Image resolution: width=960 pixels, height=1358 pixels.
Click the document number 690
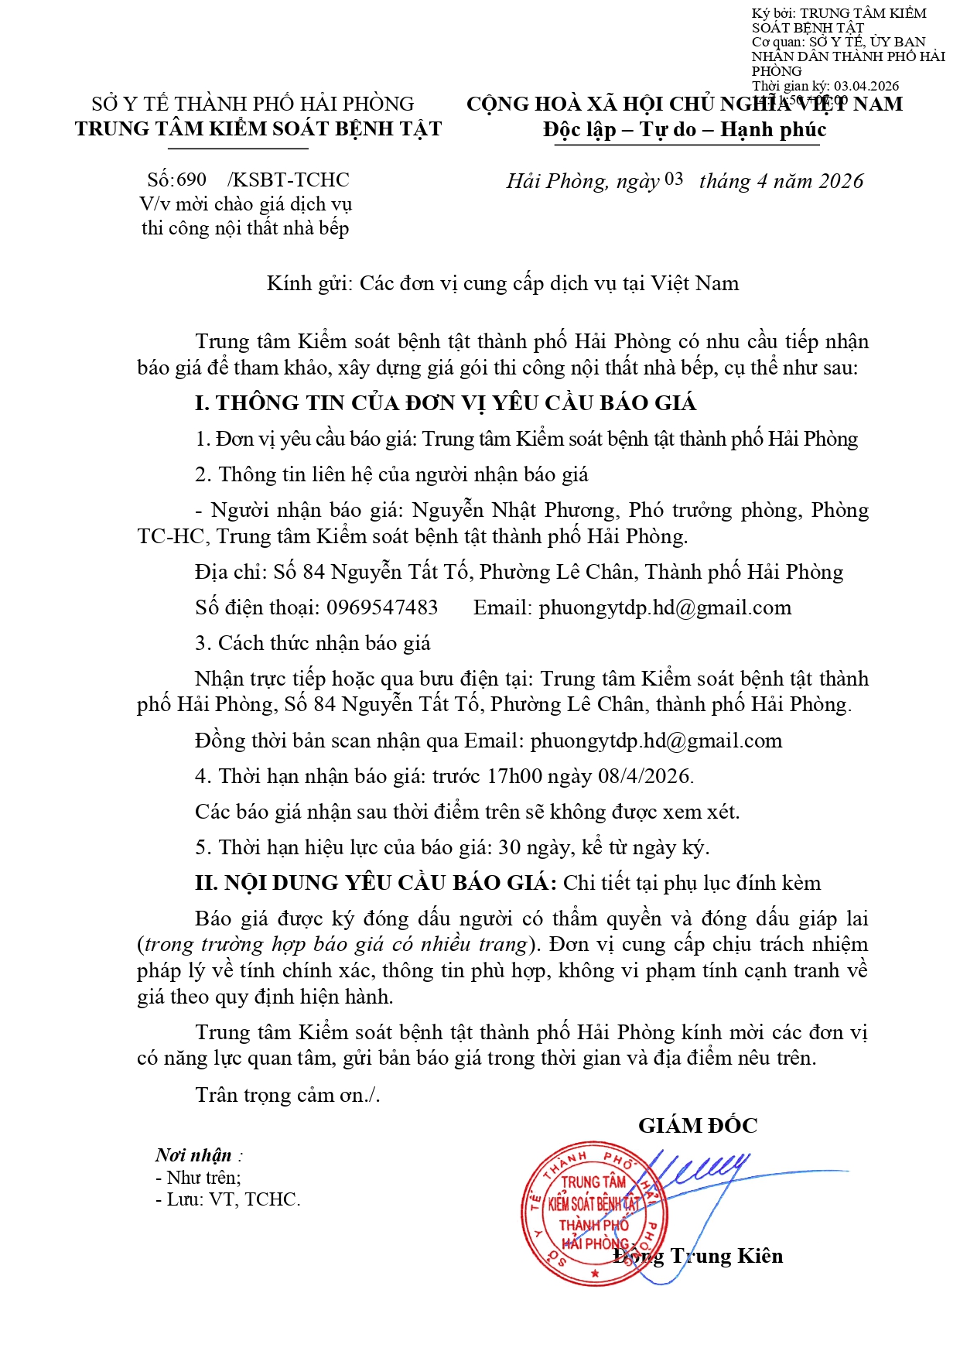coord(192,180)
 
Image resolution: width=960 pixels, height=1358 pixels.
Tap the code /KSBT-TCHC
coord(289,180)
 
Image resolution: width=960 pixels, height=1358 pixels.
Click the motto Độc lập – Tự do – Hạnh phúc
coord(684,129)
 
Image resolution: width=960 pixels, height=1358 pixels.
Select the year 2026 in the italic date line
coord(840,181)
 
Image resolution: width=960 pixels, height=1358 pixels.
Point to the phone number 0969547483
coord(382,607)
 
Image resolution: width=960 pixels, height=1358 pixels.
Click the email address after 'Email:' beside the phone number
coord(665,607)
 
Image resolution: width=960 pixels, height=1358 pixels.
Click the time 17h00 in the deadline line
coord(514,776)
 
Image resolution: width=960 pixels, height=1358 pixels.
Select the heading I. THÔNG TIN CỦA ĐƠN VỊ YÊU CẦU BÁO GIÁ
coord(446,403)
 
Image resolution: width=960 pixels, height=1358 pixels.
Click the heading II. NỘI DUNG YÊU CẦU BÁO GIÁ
coord(375,883)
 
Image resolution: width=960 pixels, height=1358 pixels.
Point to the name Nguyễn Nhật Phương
coord(514,510)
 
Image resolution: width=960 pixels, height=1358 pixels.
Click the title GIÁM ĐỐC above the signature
coord(698,1126)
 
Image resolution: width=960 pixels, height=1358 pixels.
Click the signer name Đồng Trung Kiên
coord(699,1256)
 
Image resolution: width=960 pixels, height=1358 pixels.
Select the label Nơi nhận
coord(193,1155)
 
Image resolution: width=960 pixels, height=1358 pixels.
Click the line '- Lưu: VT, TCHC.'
coord(228,1199)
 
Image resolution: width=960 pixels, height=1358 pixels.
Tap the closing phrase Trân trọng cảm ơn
coord(287,1095)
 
